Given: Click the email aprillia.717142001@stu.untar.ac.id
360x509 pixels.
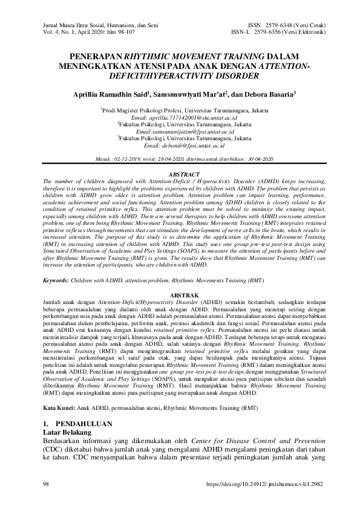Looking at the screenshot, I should point(180,118).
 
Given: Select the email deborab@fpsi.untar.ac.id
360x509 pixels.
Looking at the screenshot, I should point(180,146).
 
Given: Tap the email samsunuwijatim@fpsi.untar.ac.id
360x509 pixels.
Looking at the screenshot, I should point(180,132).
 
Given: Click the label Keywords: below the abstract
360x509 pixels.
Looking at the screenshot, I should point(60,280).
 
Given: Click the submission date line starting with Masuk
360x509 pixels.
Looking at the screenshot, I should point(180,158).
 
